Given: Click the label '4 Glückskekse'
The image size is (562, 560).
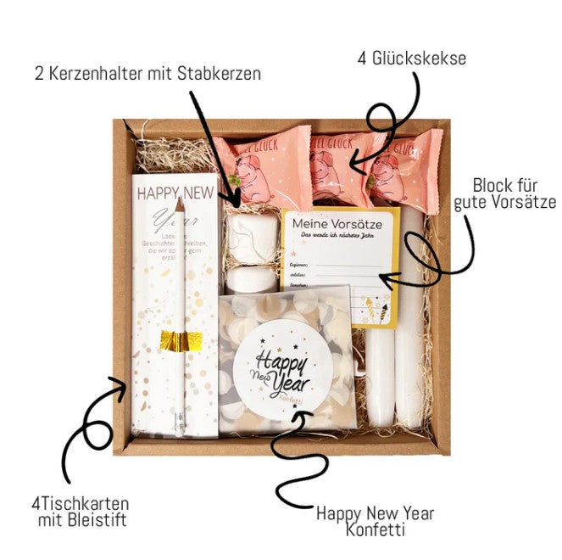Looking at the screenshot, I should coord(411,58).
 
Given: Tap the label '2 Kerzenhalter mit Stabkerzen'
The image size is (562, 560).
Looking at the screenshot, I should coord(147,73).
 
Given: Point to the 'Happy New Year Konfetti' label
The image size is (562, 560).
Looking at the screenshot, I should coord(375,521).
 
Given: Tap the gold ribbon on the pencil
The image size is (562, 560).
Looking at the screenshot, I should coord(179,339).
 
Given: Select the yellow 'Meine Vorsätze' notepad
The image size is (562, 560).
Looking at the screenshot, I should coord(339,263).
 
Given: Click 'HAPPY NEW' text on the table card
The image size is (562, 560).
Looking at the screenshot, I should coord(176,194).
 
